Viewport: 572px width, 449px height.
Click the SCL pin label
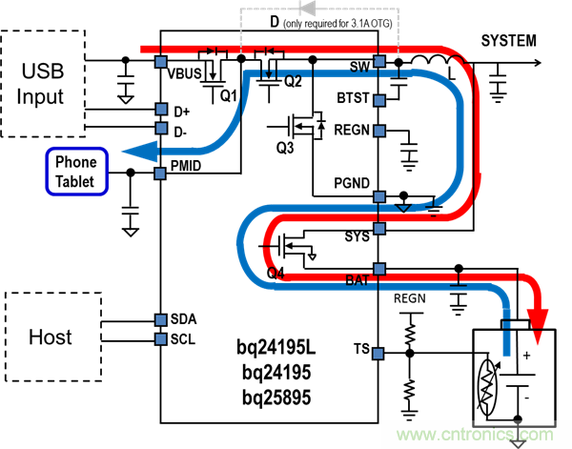(182, 338)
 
